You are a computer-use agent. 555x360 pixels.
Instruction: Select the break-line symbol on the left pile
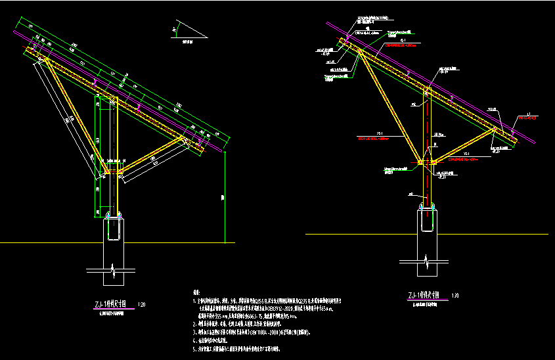click(114, 269)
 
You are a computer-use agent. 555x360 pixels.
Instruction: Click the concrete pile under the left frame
click(114, 240)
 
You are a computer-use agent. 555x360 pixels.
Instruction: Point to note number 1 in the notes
click(194, 301)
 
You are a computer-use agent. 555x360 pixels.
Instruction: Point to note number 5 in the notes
click(194, 348)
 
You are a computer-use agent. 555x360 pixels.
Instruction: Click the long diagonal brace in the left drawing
click(75, 116)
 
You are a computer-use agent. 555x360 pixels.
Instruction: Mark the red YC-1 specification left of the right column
click(381, 139)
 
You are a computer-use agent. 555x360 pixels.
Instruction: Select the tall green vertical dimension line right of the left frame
click(225, 197)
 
